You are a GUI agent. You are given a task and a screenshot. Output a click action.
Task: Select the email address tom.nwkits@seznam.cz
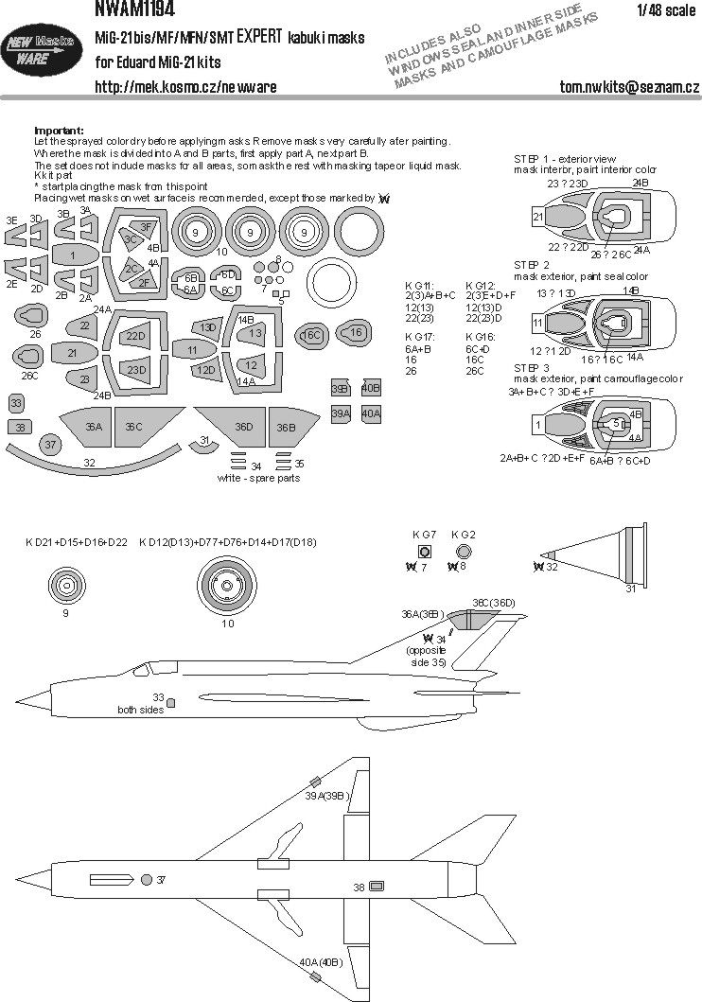tap(628, 87)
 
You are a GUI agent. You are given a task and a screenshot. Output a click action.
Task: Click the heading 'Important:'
tap(59, 131)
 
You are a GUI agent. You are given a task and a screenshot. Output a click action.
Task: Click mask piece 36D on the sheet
tap(244, 427)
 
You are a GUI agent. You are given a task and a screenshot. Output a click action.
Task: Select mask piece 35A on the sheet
tap(93, 428)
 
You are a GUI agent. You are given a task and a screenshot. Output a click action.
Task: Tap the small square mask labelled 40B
tap(371, 389)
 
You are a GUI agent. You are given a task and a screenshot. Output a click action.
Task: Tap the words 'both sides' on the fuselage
tap(137, 710)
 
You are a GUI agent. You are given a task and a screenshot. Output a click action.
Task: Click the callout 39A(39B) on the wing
tap(327, 797)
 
